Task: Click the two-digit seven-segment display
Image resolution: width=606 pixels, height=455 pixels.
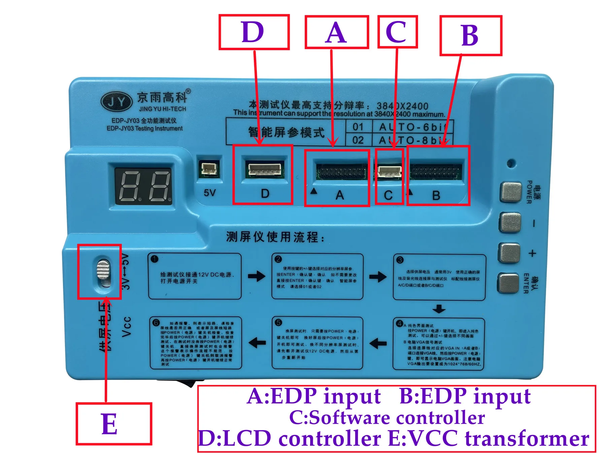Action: (143, 186)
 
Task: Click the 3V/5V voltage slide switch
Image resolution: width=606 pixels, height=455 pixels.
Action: (103, 272)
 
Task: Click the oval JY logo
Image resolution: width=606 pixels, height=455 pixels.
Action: (116, 101)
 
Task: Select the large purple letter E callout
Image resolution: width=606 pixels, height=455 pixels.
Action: (109, 424)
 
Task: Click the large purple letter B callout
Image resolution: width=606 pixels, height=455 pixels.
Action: (470, 35)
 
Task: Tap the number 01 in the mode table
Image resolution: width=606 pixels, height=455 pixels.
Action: (358, 127)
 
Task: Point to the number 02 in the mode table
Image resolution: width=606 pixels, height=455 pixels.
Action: (358, 140)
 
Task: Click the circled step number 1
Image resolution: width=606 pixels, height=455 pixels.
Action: (155, 259)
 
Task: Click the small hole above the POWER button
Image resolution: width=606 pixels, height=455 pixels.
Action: (511, 164)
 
